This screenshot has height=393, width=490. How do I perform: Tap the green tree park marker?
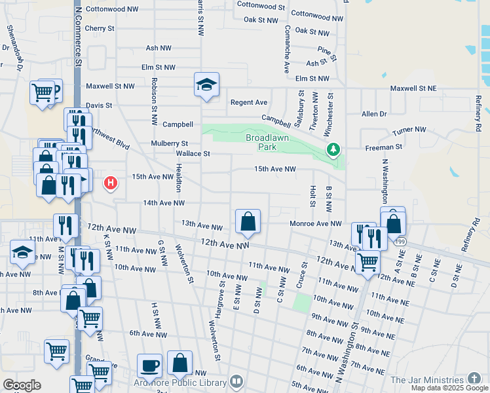tap(334, 151)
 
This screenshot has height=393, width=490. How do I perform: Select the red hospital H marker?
tap(111, 183)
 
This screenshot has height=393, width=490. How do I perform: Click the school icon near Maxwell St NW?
tap(206, 84)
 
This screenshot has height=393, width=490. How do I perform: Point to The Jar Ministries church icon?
tap(473, 380)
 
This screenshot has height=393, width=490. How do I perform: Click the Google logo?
tap(22, 385)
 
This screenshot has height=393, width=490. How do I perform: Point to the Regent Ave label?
tap(248, 103)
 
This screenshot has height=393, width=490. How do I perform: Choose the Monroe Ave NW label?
tap(316, 223)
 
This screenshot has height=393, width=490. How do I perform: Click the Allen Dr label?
tap(374, 114)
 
